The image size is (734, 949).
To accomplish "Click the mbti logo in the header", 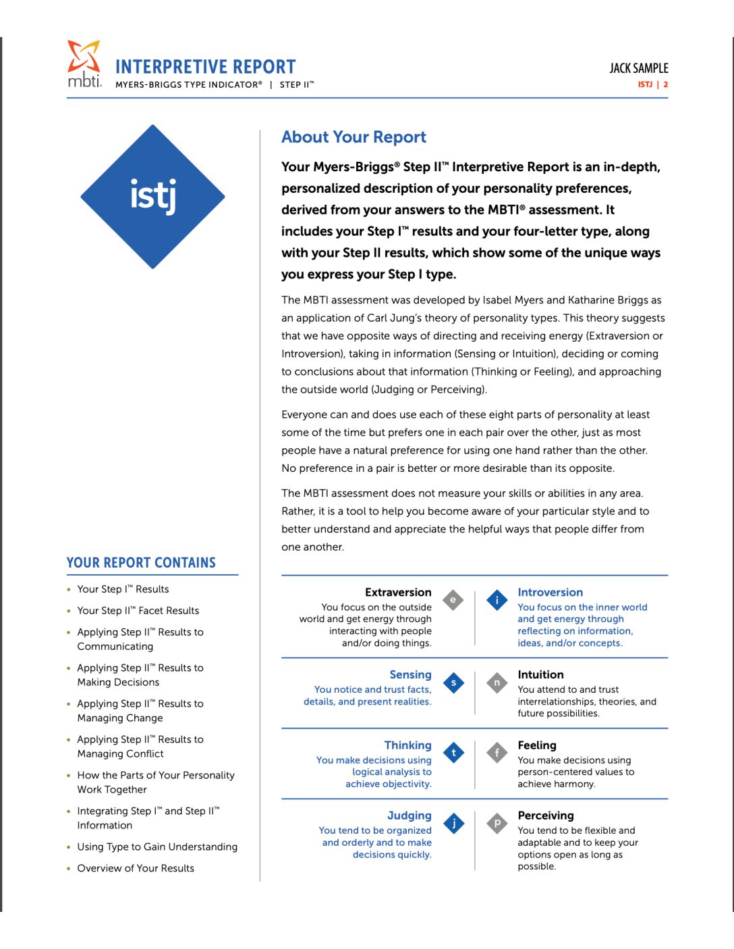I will (x=84, y=64).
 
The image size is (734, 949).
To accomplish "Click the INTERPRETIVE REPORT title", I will (x=205, y=67).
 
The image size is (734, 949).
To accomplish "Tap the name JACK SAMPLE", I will (x=638, y=68).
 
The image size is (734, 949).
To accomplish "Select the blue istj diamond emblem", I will (x=153, y=197).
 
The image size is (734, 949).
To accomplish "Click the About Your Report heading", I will (x=354, y=137).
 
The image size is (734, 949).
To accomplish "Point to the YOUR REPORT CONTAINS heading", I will (x=141, y=563).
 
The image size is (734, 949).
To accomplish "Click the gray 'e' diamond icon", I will (x=453, y=599).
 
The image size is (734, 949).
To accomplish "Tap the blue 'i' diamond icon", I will (x=497, y=599).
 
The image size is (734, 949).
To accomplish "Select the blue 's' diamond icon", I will (x=453, y=683).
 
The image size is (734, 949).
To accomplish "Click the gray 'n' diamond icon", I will (x=497, y=683).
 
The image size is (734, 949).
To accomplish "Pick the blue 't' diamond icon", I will (x=453, y=753).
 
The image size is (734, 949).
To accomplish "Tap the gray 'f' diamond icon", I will (x=497, y=753).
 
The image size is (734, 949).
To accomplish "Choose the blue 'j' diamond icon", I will (x=453, y=823).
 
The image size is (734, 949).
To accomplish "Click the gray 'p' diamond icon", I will (x=497, y=823).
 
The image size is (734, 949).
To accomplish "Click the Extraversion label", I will (x=398, y=592).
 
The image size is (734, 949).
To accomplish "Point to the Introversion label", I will (x=550, y=592).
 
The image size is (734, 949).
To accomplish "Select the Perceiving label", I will (x=545, y=816).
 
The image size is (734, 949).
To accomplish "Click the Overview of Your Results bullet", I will (x=136, y=868).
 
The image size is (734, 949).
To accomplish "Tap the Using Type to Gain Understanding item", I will (x=157, y=847).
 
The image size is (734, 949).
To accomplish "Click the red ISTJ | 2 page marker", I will (x=652, y=85).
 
